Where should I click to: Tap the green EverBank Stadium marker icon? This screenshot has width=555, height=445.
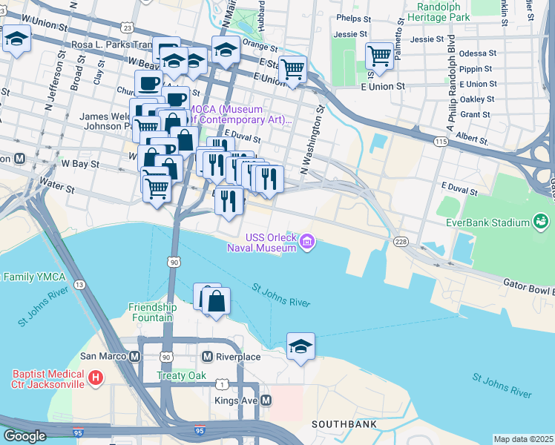pos(540,221)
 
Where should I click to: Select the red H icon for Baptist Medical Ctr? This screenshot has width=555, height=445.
pos(95,378)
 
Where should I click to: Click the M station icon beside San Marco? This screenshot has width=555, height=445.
pos(135,356)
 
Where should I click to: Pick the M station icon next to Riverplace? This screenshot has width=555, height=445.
pos(208,357)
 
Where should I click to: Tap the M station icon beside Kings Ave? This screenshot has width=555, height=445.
pos(266,400)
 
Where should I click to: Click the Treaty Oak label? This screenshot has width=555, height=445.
pos(181,376)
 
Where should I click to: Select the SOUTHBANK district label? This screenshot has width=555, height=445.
pos(344,424)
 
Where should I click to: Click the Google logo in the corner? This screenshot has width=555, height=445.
pos(24,436)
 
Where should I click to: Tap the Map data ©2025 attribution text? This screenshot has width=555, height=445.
pos(523,439)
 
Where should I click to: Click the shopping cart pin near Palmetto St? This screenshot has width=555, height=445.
pos(379,56)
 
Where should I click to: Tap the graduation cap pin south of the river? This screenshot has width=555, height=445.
pos(301,346)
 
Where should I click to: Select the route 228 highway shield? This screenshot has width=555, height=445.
pos(401,241)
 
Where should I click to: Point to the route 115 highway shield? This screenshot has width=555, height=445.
pos(441,140)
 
